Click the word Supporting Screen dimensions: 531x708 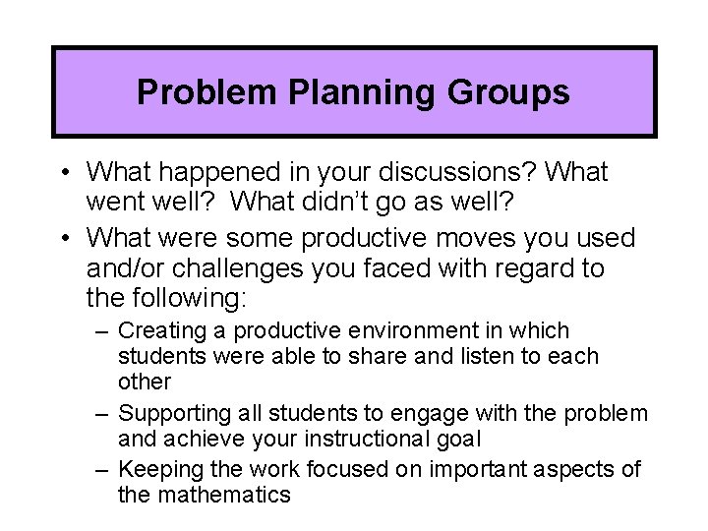tap(170, 412)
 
